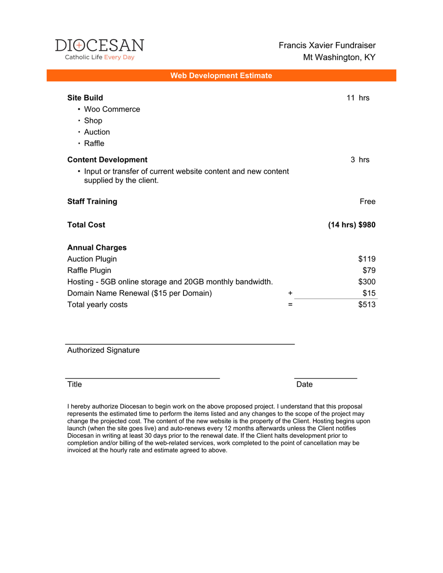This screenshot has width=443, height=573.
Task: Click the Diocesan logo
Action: (x=99, y=49)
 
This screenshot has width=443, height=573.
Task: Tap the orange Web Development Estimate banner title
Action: (x=221, y=75)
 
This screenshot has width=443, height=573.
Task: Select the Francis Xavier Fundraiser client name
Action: (x=327, y=45)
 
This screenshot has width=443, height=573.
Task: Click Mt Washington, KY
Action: (x=339, y=57)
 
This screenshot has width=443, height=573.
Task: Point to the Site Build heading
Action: (x=85, y=98)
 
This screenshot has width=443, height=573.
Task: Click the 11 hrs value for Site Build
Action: (x=358, y=98)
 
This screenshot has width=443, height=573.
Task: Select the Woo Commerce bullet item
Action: (x=112, y=109)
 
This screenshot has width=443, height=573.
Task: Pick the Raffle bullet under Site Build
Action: (x=94, y=144)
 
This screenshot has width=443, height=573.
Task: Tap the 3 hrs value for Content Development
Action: (x=360, y=160)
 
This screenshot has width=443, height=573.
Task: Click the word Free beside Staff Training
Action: (x=367, y=202)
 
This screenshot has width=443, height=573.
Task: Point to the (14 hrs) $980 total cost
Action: (x=352, y=225)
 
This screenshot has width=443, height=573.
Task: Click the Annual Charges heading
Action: (x=97, y=248)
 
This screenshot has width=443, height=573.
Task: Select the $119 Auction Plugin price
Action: (x=367, y=259)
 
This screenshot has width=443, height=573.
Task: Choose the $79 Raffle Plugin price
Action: (x=369, y=271)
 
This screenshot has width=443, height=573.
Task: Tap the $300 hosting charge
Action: (x=367, y=282)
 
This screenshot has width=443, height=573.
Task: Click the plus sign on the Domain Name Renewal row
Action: (x=291, y=293)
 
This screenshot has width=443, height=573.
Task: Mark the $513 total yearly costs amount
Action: (x=367, y=305)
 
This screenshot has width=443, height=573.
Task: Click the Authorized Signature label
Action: (x=104, y=350)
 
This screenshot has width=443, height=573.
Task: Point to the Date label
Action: (x=304, y=384)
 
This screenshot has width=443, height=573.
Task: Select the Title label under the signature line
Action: (x=75, y=384)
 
